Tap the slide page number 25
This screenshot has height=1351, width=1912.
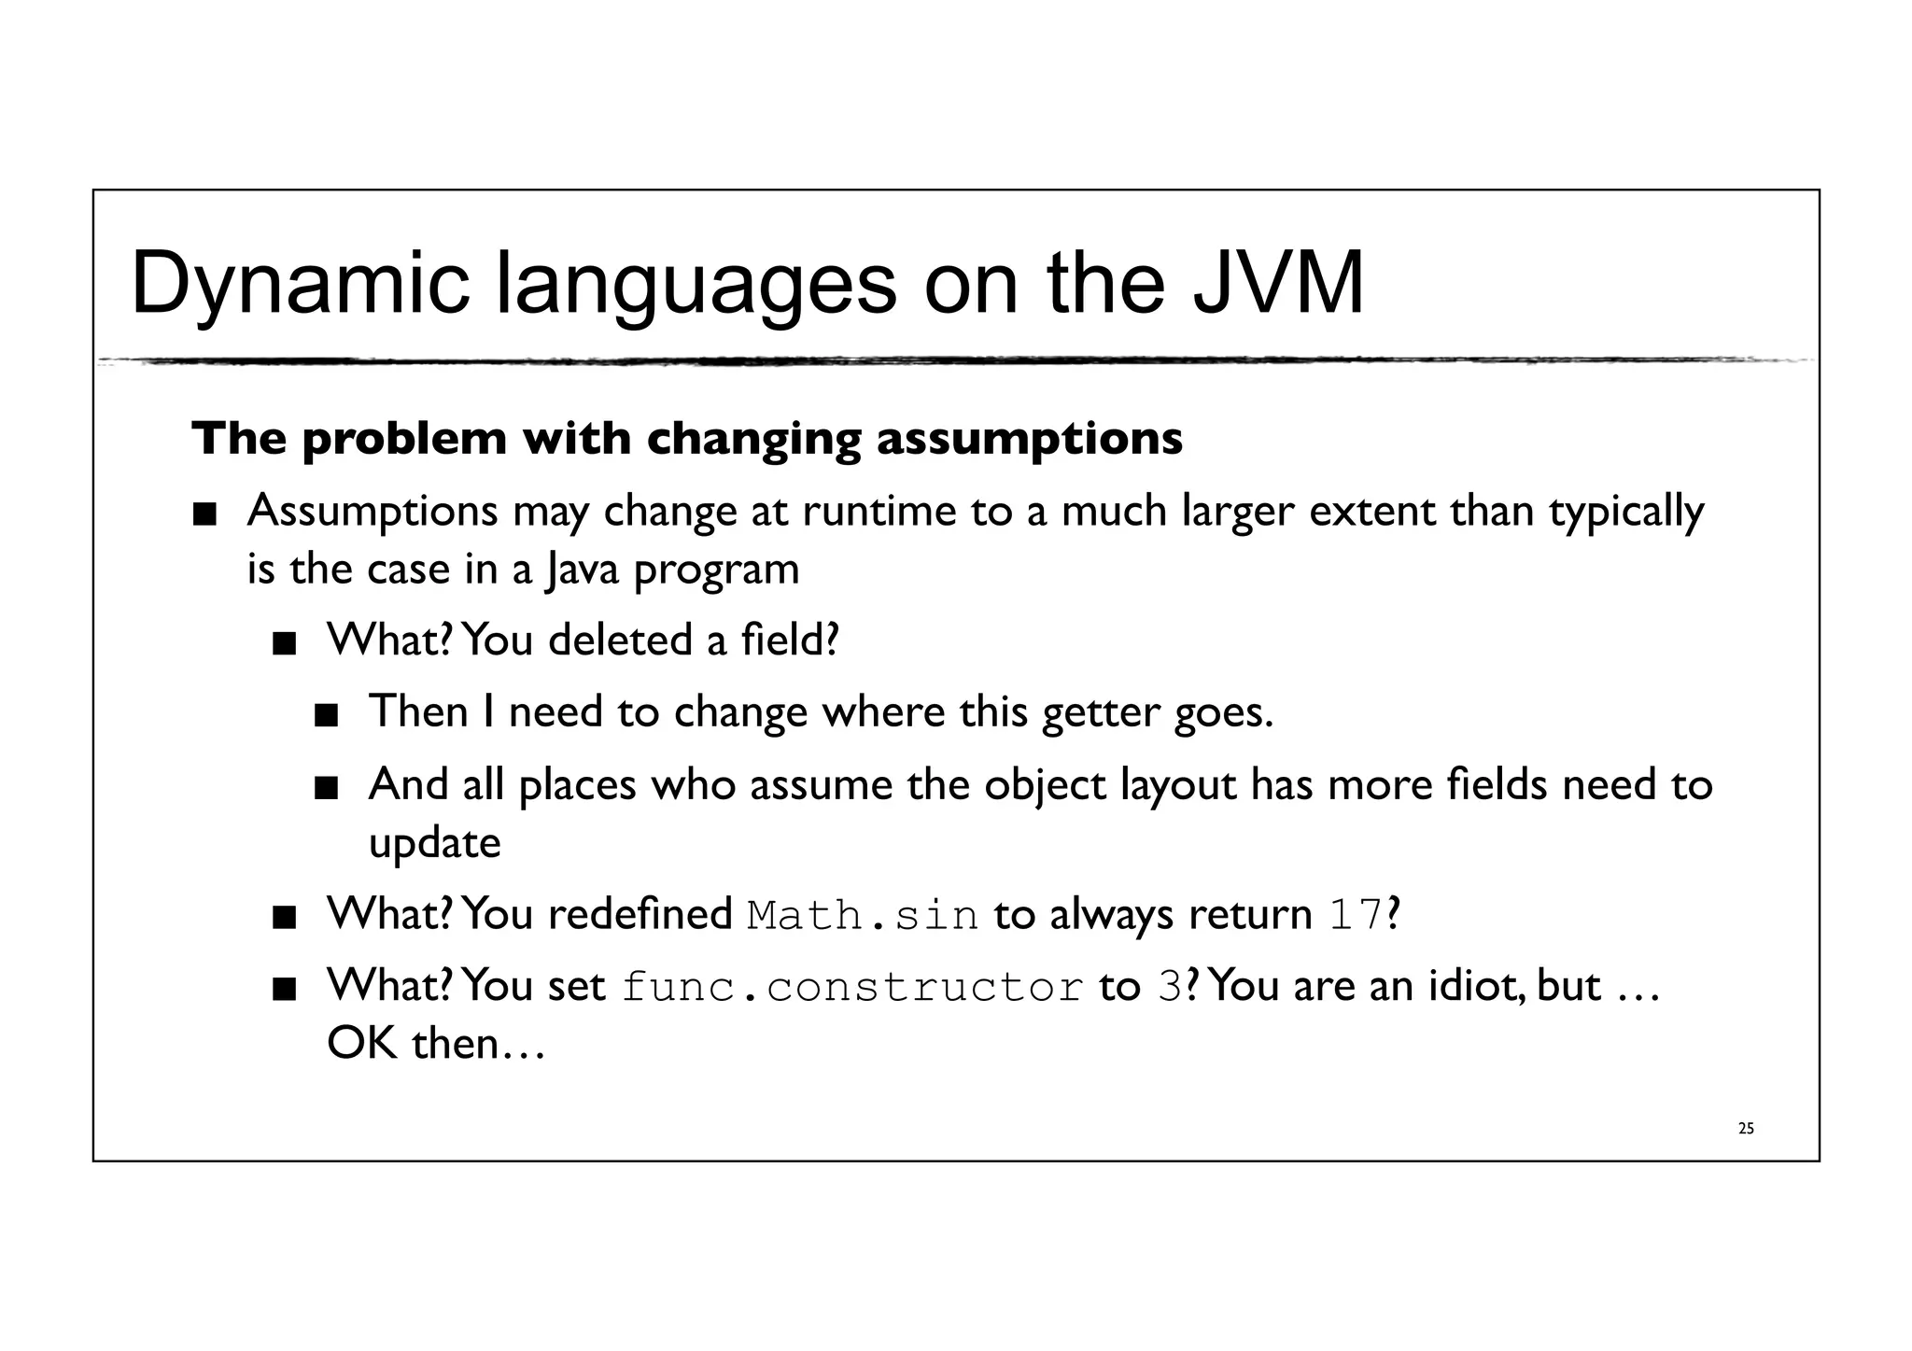point(1746,1129)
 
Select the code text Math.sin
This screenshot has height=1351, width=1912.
point(863,915)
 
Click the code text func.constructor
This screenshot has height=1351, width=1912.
point(852,988)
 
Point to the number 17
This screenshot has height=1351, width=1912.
point(1356,915)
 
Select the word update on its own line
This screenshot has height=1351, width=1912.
point(434,843)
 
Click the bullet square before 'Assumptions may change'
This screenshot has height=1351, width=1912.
point(204,514)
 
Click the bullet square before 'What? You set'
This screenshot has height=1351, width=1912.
point(284,989)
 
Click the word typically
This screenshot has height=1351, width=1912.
point(1626,512)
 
